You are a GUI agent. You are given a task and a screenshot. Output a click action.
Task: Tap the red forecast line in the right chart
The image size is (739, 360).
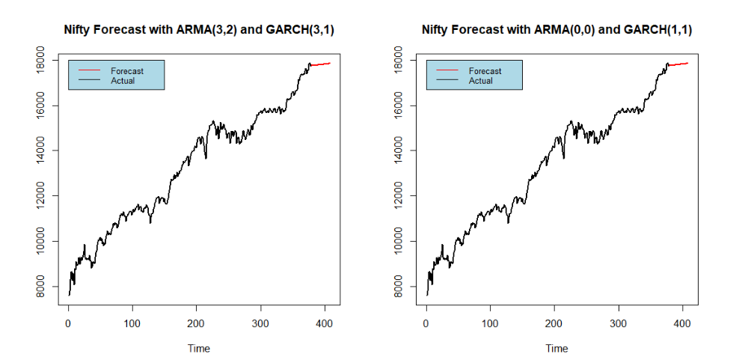point(678,64)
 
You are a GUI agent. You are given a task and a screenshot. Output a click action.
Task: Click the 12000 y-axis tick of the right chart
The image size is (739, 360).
point(403,196)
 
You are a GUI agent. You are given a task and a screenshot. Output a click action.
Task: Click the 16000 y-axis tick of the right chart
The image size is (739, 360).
point(403,105)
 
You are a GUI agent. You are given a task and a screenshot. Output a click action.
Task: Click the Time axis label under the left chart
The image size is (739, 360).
point(198,348)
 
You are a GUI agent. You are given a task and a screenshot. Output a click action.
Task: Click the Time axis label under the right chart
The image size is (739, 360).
point(556,348)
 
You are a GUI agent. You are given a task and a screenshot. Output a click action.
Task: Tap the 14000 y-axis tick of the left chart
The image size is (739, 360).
point(45,150)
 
